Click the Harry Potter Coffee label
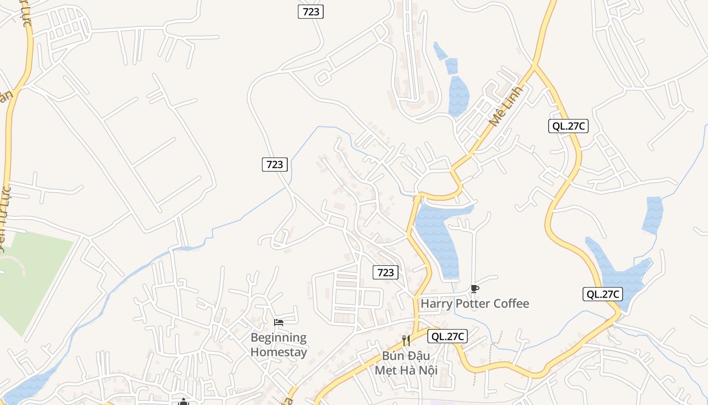point(475,304)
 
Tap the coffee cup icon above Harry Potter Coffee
point(474,289)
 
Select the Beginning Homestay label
point(279,344)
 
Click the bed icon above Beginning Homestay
point(279,322)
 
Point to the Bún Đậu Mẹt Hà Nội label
point(406,363)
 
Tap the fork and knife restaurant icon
point(406,340)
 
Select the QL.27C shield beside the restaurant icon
point(447,336)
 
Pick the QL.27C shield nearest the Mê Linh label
point(568,126)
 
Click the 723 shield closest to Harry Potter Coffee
point(385,272)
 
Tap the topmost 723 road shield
point(311,12)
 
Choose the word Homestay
point(279,352)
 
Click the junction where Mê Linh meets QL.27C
point(535,65)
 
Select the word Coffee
point(511,304)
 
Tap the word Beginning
point(279,337)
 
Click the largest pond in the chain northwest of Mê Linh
point(459,95)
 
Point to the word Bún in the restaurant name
point(393,355)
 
